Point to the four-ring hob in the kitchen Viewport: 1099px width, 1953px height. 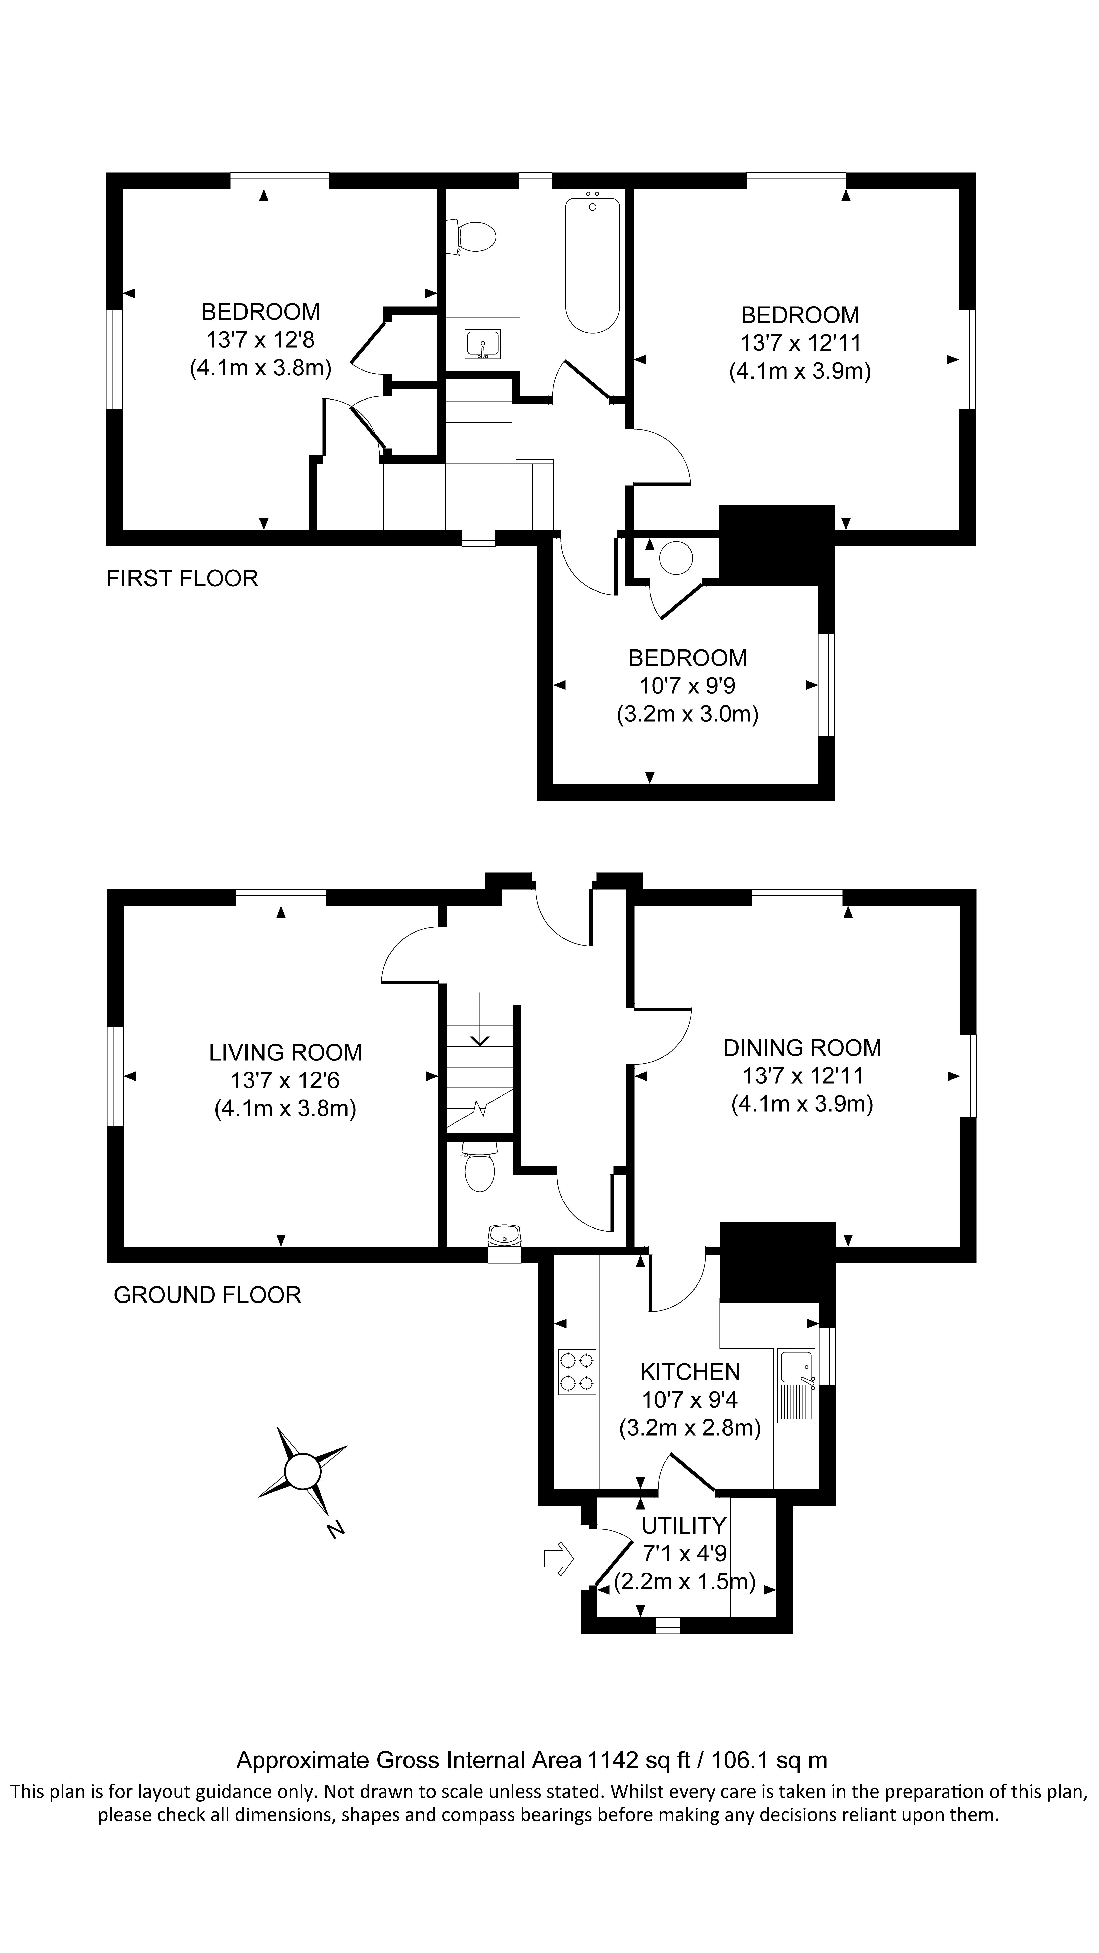[x=577, y=1371]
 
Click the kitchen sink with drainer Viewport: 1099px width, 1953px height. [x=796, y=1385]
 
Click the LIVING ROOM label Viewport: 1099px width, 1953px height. [x=285, y=1052]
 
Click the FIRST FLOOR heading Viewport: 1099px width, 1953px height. [x=182, y=579]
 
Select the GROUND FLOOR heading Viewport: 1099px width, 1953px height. [x=207, y=1294]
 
